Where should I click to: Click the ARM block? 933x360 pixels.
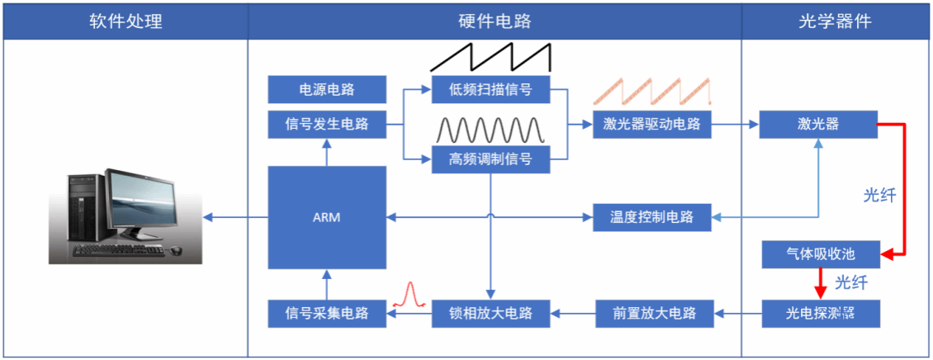(x=327, y=217)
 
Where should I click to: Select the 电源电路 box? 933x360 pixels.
(x=327, y=89)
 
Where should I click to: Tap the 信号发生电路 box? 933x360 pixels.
(x=327, y=125)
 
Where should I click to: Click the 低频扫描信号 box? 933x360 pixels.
(x=490, y=89)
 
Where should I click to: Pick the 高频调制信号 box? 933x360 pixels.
(x=490, y=159)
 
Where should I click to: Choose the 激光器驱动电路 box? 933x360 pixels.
(x=651, y=125)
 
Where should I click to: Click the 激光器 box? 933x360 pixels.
(x=818, y=125)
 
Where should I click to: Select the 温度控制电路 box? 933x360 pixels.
(x=651, y=217)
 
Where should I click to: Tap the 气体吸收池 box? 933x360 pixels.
(x=821, y=255)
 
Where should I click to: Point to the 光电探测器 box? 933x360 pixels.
(x=821, y=313)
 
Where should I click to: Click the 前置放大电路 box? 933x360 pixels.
(x=654, y=313)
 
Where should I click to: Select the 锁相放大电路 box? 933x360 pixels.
(x=490, y=313)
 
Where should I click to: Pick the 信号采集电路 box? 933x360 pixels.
(x=327, y=313)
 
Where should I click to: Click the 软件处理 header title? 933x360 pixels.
(x=126, y=21)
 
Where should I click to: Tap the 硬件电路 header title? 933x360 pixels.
(x=495, y=21)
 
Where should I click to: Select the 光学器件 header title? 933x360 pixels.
(x=836, y=21)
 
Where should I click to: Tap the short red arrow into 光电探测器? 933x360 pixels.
(x=820, y=284)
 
